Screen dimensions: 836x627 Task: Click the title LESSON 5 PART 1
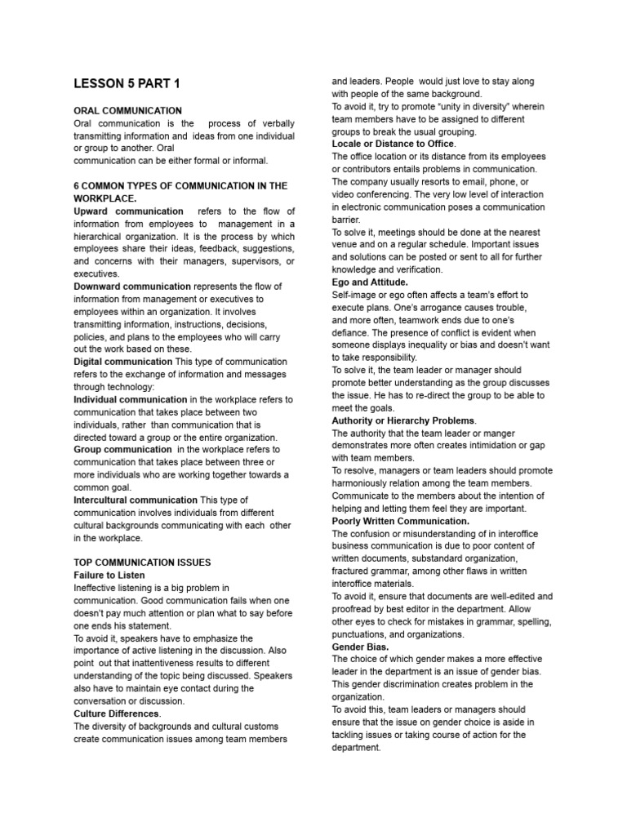(x=127, y=83)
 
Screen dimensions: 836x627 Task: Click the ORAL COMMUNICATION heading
(x=128, y=110)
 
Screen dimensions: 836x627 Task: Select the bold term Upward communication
(x=128, y=211)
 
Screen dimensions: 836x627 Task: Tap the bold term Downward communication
(x=132, y=287)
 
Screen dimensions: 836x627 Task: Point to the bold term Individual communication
(x=131, y=399)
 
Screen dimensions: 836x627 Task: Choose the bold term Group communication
(x=122, y=450)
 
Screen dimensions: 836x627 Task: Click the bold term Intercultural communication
(x=136, y=500)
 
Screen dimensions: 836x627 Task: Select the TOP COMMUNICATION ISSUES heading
(x=142, y=563)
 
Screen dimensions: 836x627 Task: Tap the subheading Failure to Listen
(x=109, y=576)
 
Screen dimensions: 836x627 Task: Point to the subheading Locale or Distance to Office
(x=394, y=144)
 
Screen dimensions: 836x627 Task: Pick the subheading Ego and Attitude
(x=370, y=282)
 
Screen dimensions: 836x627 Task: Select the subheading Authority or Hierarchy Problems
(x=403, y=420)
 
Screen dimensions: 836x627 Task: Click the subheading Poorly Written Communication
(x=400, y=521)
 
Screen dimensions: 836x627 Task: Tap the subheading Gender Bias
(x=360, y=647)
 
